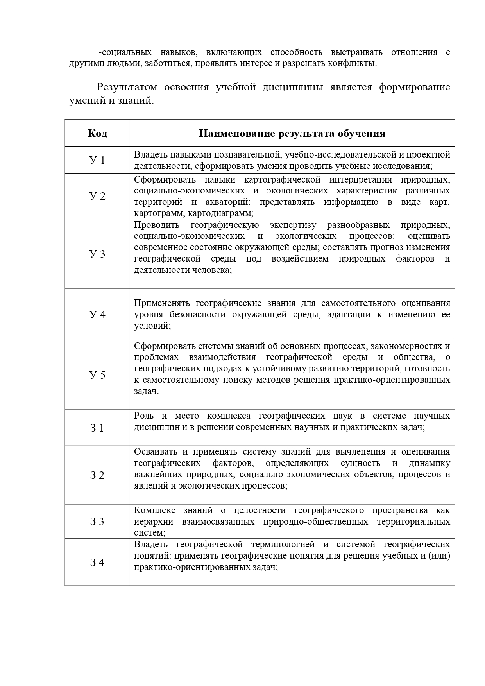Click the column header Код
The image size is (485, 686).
coord(97,133)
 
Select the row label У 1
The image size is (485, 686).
coord(97,160)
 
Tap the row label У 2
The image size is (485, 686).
coord(97,196)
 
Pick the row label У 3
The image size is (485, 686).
coord(97,254)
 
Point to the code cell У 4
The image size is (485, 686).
coord(97,314)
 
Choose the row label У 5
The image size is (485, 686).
coord(97,375)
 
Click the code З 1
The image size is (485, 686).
coord(97,428)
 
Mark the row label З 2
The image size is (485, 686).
coord(97,475)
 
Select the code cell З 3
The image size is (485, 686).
coord(97,521)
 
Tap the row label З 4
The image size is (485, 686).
coord(97,562)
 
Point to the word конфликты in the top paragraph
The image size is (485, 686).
coord(356,63)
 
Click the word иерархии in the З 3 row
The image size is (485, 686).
coord(154,521)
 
